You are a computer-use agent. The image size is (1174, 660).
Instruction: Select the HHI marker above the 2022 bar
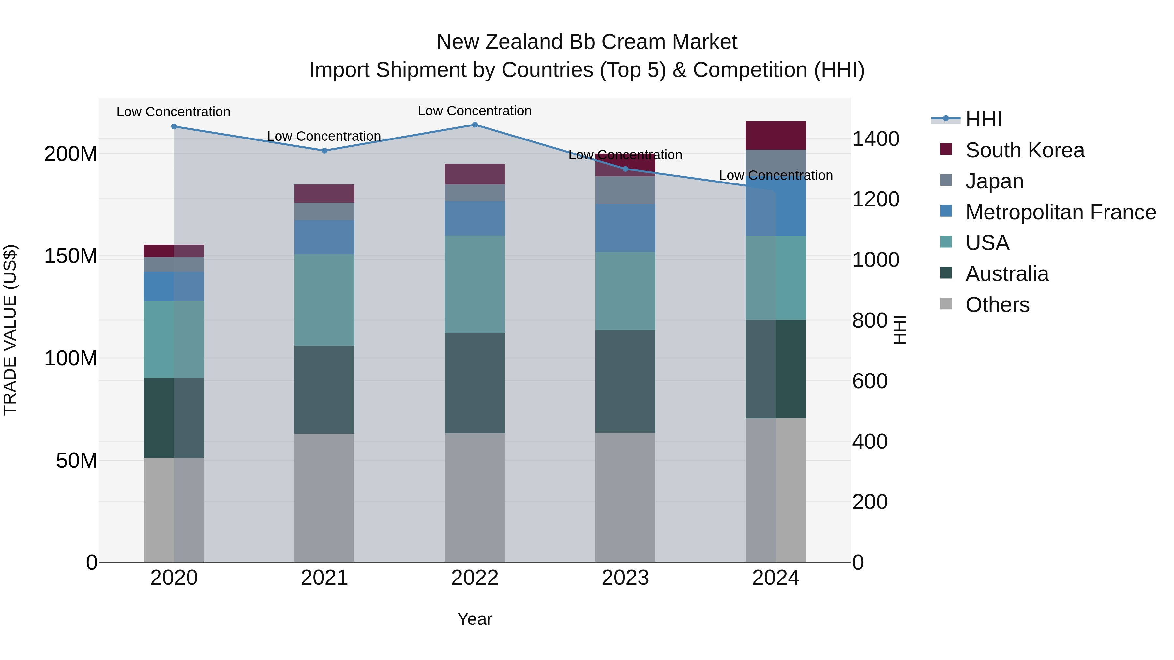tap(474, 125)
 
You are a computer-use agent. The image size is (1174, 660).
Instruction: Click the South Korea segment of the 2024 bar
tap(776, 135)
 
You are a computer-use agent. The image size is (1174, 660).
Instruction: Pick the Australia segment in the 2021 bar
tap(324, 389)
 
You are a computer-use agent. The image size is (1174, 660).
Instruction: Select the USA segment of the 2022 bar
tap(474, 284)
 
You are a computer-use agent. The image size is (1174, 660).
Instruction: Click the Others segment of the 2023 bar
tap(625, 497)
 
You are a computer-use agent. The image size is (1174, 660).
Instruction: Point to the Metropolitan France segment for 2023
tap(625, 228)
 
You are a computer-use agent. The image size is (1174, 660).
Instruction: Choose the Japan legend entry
tap(994, 181)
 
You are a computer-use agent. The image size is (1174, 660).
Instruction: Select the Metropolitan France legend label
tap(1061, 212)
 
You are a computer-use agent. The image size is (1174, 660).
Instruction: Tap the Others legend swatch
tap(946, 304)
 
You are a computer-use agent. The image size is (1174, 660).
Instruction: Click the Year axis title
tap(474, 619)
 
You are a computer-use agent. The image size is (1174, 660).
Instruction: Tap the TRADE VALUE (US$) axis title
tap(10, 330)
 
